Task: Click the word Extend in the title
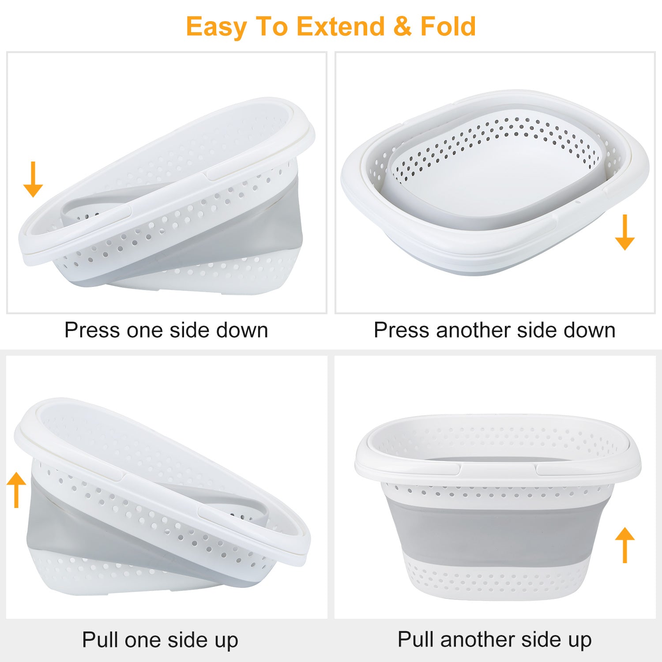[340, 26]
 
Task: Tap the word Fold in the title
[448, 26]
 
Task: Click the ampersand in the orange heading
[402, 26]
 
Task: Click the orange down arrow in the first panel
[33, 179]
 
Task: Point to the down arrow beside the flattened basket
[624, 232]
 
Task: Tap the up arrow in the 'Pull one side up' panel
[17, 490]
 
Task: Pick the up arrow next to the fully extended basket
[624, 545]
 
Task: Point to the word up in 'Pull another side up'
[579, 641]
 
